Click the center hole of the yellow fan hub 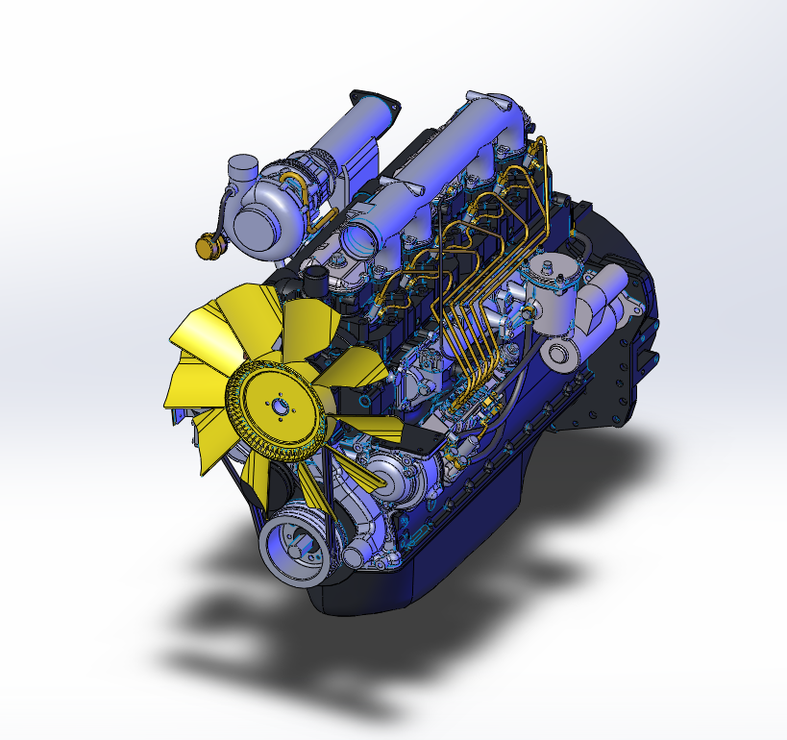[279, 407]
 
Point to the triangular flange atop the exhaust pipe [375, 103]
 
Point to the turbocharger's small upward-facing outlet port [239, 173]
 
